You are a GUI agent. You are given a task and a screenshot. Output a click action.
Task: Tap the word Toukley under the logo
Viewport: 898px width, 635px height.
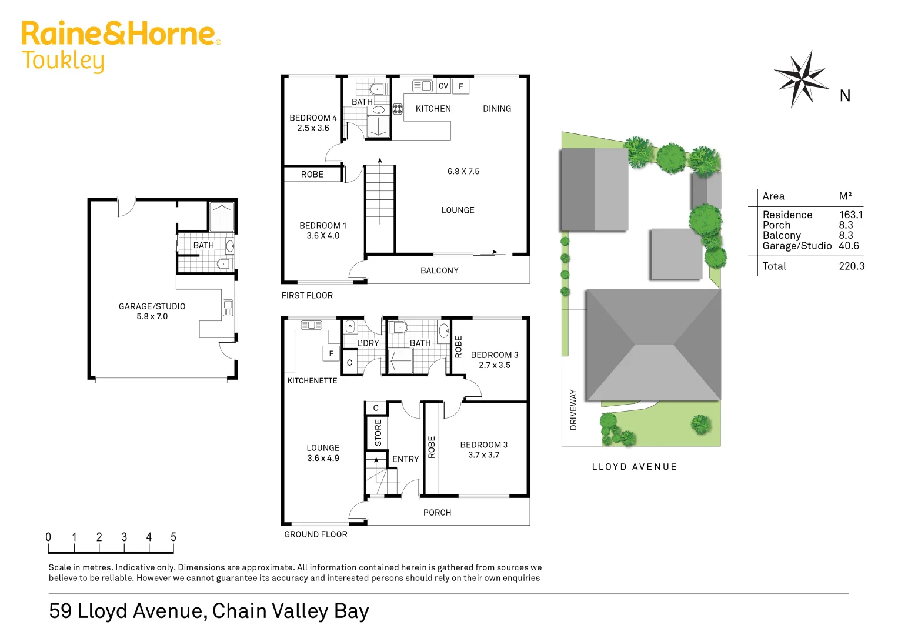[x=63, y=61]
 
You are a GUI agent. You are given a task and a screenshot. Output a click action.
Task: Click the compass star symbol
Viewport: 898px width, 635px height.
[x=801, y=79]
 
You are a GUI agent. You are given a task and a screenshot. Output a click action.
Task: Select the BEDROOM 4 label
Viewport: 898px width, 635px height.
[x=313, y=118]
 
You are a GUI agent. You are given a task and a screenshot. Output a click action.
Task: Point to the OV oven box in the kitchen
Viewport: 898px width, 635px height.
[x=443, y=86]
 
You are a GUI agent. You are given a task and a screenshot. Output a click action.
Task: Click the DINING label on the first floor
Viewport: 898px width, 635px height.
[x=497, y=109]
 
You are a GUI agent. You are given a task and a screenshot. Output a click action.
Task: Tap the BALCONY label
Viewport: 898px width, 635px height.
[x=439, y=270]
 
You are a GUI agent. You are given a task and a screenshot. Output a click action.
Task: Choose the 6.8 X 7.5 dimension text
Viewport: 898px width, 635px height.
[x=463, y=172]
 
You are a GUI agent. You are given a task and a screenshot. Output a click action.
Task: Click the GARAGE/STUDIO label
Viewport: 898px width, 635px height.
[x=152, y=306]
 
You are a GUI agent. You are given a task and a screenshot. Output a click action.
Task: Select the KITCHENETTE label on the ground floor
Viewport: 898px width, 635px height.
[x=312, y=381]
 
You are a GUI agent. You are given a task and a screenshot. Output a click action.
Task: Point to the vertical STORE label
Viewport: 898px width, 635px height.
[x=378, y=433]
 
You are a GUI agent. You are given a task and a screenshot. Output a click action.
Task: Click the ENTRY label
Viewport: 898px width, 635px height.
[x=405, y=459]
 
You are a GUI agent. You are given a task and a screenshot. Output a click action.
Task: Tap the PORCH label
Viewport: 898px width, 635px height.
[x=437, y=513]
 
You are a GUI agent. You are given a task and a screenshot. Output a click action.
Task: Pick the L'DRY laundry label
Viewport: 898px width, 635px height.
[x=368, y=343]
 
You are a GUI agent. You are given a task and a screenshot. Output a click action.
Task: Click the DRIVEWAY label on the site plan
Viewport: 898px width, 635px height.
[x=573, y=410]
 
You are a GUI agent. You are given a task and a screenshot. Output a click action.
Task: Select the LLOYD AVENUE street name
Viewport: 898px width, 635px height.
[x=635, y=467]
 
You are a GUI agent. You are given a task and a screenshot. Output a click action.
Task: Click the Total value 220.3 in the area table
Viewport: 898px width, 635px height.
[x=851, y=266]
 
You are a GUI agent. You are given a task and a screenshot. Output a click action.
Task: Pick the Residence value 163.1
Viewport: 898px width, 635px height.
[x=850, y=215]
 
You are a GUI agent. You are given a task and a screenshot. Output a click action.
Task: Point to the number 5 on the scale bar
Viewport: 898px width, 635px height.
[x=173, y=537]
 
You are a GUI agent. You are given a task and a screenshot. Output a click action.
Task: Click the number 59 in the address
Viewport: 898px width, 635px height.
[x=60, y=611]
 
